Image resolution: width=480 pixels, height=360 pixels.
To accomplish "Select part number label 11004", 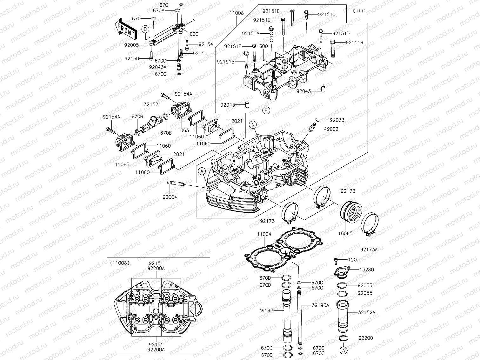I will point(264,234).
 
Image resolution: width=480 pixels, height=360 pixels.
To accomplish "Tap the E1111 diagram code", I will point(359,11).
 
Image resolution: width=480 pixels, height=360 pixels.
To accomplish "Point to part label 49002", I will point(331,129).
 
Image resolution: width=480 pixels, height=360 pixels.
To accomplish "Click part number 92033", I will point(337,120).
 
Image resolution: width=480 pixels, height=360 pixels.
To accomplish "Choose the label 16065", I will point(345,233).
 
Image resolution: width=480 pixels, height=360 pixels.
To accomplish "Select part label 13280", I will point(366,269).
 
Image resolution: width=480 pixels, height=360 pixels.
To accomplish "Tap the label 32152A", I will point(366,312).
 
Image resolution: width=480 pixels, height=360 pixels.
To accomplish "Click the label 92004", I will point(170,197).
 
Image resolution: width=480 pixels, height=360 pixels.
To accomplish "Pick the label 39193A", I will point(320,305).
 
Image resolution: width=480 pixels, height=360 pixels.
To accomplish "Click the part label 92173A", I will point(369,250).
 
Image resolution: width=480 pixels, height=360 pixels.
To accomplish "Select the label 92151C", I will point(327,14).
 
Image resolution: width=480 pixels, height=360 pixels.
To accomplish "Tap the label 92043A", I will point(157,67).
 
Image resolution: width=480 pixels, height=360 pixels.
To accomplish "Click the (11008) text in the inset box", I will point(120,263).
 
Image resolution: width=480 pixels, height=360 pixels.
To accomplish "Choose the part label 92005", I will point(131,45).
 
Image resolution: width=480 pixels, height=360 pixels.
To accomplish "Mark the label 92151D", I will point(341,33).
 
